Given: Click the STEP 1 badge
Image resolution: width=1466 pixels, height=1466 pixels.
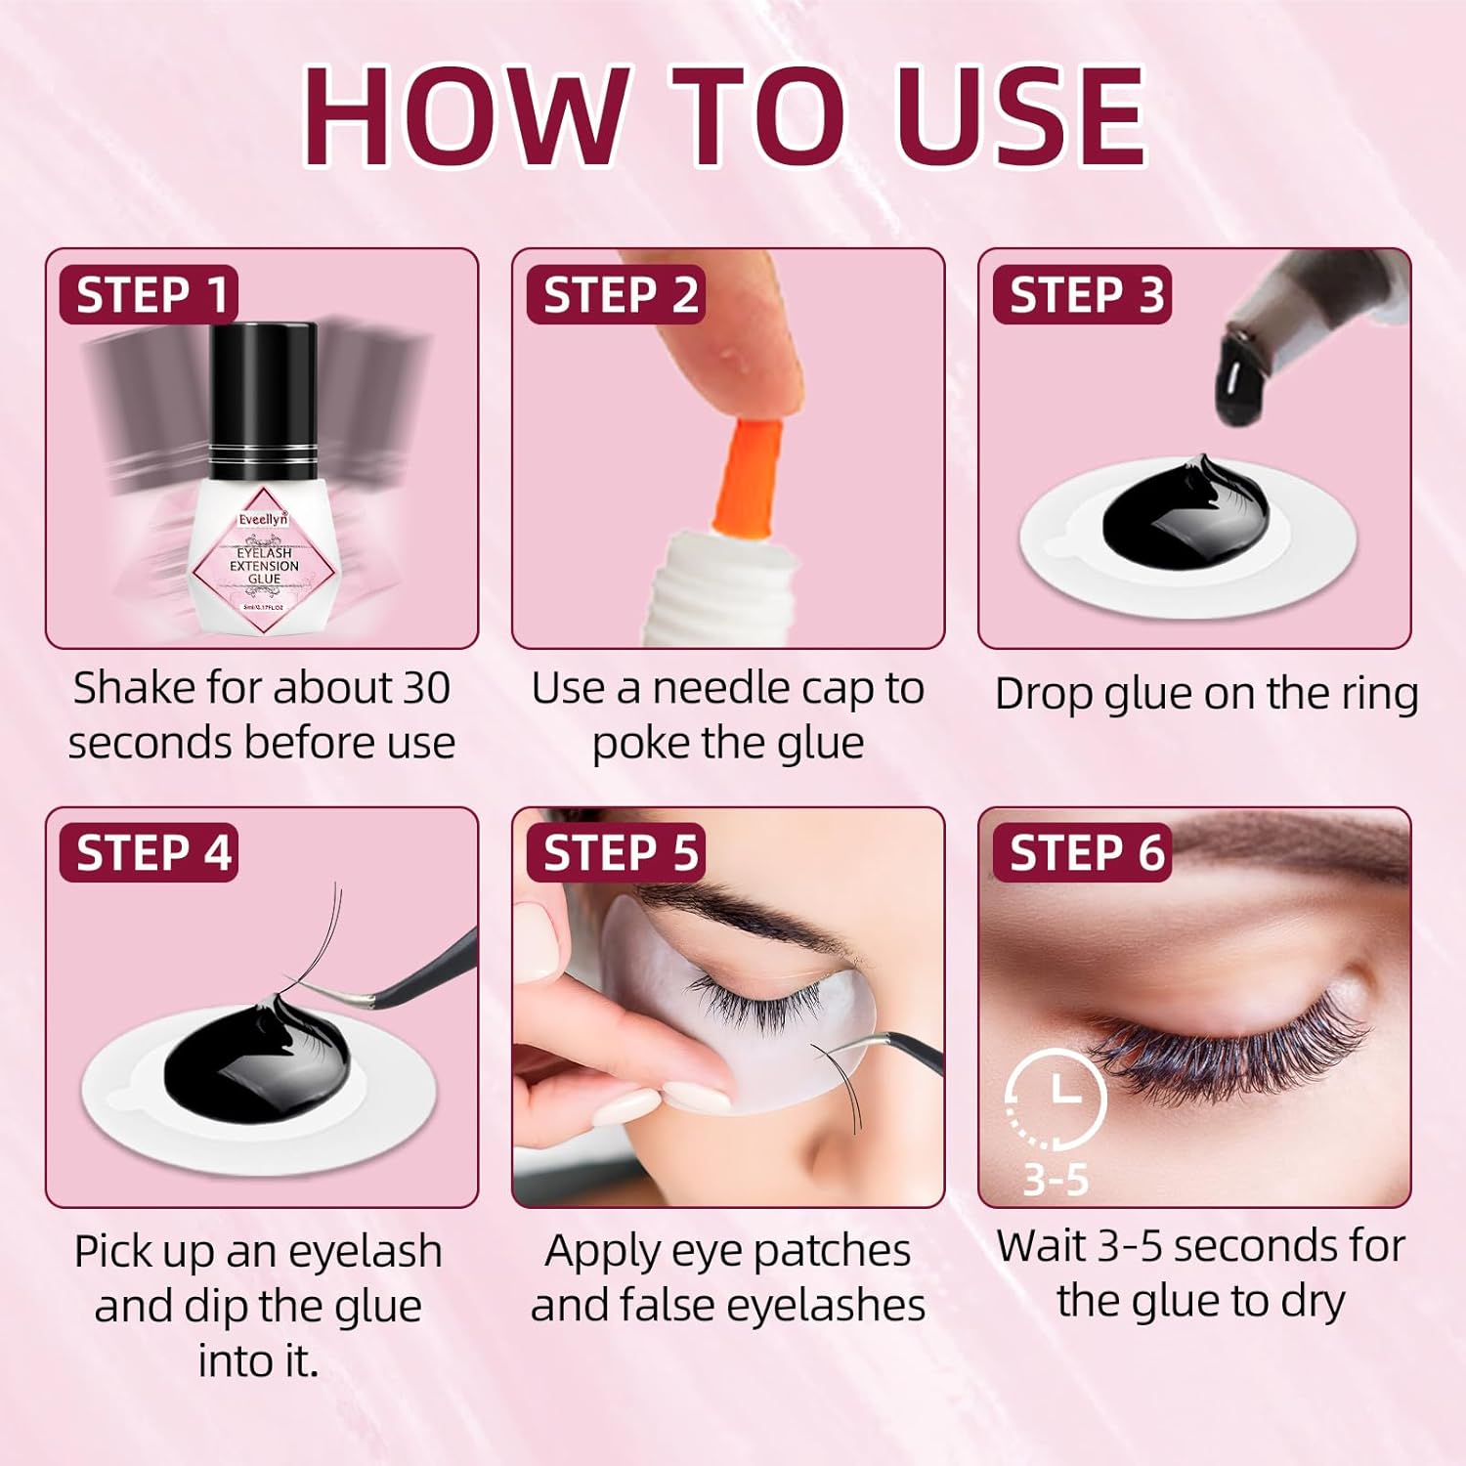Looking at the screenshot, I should click(x=150, y=295).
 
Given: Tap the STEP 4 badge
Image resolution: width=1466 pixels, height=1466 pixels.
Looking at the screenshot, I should click(x=150, y=853).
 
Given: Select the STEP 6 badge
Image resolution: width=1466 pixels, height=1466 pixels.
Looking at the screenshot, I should click(x=1083, y=853).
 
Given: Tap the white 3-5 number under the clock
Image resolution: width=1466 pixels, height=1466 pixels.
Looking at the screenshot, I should click(x=1056, y=1180).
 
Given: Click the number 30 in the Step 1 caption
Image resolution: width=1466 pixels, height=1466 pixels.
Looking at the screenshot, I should click(x=425, y=688).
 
